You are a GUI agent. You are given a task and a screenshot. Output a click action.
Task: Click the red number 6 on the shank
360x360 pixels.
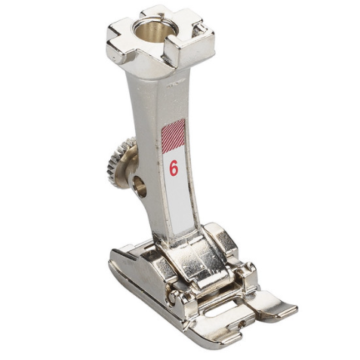pyautogui.click(x=174, y=168)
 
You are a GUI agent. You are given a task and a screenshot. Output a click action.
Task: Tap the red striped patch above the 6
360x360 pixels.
pyautogui.click(x=173, y=136)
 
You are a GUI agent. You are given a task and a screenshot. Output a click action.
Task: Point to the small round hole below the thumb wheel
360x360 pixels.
pyautogui.click(x=140, y=186)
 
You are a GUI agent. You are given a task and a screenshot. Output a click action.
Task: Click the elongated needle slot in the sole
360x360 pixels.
pyautogui.click(x=221, y=309)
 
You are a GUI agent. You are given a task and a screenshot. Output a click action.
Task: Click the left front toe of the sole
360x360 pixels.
pyautogui.click(x=220, y=333)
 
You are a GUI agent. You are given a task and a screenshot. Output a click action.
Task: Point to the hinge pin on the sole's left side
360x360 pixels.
pyautogui.click(x=171, y=296)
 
